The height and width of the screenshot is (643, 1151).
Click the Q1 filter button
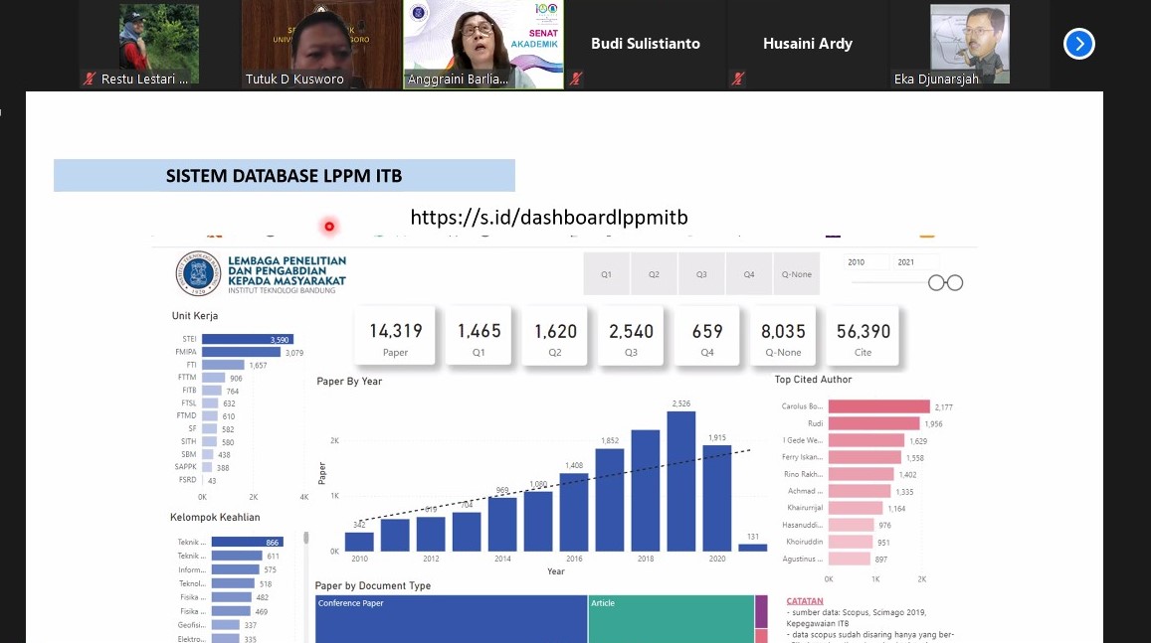(x=606, y=274)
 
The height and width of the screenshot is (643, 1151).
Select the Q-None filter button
(x=797, y=274)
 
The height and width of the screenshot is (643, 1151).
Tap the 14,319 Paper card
(x=395, y=337)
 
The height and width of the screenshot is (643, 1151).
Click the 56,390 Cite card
(x=863, y=337)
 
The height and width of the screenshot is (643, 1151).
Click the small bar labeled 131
(x=753, y=548)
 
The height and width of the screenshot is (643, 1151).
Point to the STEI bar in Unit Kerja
(x=243, y=340)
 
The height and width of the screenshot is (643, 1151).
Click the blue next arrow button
(x=1079, y=44)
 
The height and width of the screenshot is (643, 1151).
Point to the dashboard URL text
(x=549, y=218)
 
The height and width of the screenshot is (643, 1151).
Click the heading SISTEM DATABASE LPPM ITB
(x=284, y=177)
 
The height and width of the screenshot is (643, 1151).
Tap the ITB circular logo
(x=198, y=273)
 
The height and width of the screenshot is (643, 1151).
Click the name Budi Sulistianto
(x=646, y=44)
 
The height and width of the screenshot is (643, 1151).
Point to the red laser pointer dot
(x=329, y=227)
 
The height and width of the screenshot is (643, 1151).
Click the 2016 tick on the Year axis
(x=573, y=559)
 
